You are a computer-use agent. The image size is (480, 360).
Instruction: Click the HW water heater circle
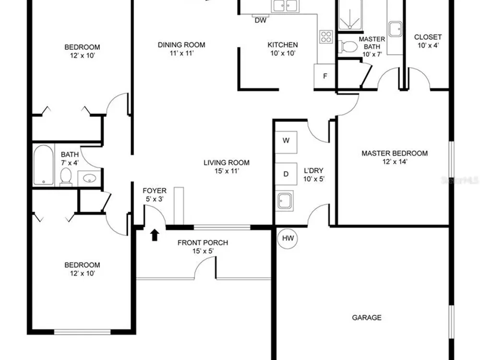coord(288,239)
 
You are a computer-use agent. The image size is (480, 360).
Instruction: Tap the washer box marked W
coord(286,142)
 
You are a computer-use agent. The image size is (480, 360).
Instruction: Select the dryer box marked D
coord(286,174)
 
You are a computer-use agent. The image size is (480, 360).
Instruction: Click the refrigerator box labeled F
coord(325,76)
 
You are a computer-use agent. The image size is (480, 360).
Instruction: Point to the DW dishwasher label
coord(261,21)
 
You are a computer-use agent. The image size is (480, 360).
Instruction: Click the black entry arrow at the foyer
coord(155,235)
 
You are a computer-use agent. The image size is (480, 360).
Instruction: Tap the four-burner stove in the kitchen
coord(326,36)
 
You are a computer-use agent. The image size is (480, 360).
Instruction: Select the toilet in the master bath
coord(348,47)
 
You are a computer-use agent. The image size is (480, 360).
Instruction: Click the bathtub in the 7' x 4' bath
coord(44,165)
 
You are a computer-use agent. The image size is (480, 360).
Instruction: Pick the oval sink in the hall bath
coord(89,178)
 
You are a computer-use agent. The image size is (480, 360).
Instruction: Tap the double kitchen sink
coord(285,6)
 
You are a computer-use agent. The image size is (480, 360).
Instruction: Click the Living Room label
coord(227,163)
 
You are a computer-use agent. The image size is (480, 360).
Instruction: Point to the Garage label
coord(367,317)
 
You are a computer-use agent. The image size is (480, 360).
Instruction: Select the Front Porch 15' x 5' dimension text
coord(203,252)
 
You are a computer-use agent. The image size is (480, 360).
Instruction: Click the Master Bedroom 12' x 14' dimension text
coord(395,162)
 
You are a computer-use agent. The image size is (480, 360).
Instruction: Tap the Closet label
coord(428,37)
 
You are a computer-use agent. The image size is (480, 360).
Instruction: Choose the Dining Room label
coord(181,45)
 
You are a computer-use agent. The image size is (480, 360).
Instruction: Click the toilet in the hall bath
coord(66,177)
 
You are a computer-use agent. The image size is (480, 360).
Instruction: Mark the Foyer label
coord(155,191)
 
